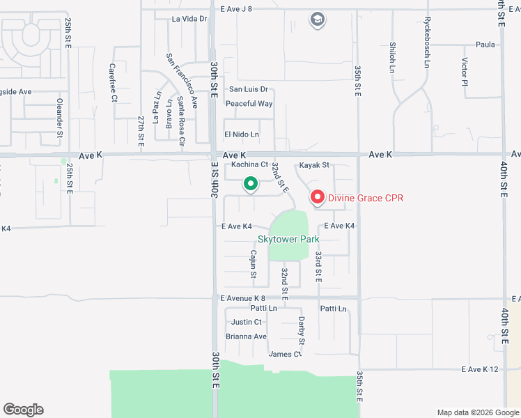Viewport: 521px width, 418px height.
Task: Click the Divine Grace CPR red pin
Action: (318, 199)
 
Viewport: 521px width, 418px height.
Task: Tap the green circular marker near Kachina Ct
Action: (251, 184)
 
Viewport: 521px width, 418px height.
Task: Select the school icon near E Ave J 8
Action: (318, 19)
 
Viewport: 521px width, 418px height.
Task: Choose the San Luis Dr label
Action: (249, 89)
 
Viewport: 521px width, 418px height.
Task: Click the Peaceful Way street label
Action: (249, 104)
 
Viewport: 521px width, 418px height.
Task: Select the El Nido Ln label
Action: (241, 134)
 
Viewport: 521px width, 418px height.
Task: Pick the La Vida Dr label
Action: (189, 19)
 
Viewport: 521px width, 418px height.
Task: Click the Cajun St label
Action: (254, 265)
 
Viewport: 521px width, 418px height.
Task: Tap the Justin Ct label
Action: (247, 322)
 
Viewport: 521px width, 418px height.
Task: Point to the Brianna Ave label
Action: (246, 336)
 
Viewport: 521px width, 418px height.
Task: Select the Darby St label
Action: (302, 331)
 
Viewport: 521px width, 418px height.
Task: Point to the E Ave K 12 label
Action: (480, 369)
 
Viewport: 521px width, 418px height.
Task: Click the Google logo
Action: (23, 410)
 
